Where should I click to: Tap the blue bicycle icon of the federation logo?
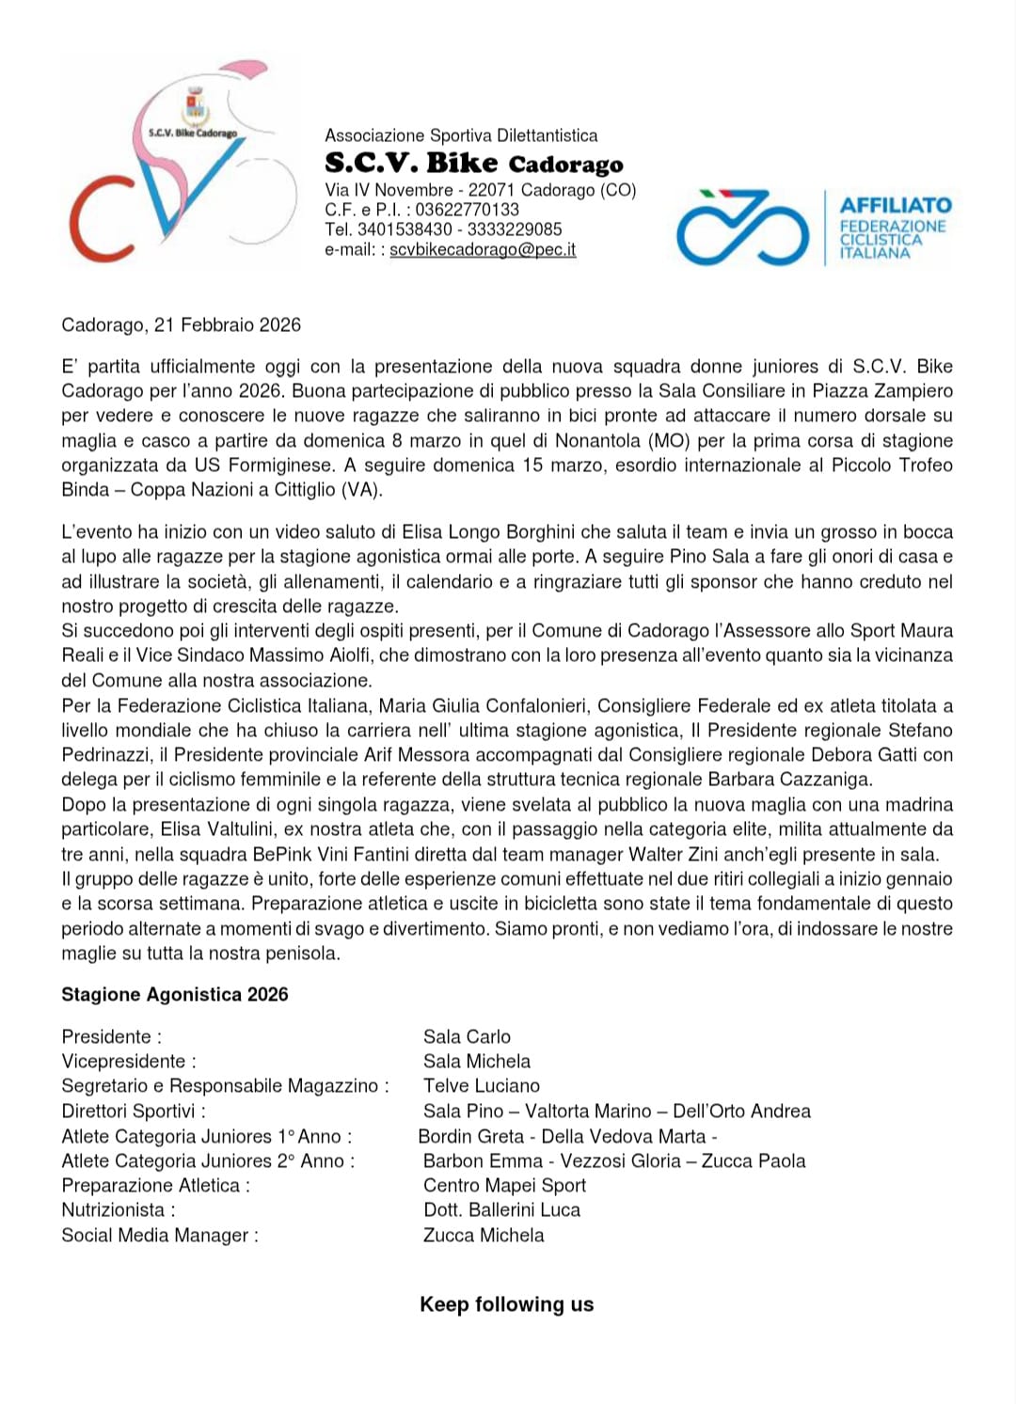pyautogui.click(x=742, y=229)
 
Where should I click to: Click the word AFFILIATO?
pyautogui.click(x=895, y=205)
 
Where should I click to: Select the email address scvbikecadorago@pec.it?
pyautogui.click(x=483, y=250)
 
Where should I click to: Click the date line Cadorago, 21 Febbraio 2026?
pyautogui.click(x=181, y=325)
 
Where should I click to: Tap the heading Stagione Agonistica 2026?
pyautogui.click(x=175, y=995)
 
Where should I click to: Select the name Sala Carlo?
pyautogui.click(x=467, y=1037)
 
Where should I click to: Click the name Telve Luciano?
pyautogui.click(x=482, y=1086)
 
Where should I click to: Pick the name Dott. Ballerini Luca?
pyautogui.click(x=501, y=1210)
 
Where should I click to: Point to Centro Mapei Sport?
pyautogui.click(x=504, y=1186)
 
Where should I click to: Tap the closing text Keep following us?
pyautogui.click(x=506, y=1304)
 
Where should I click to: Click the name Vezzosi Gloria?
pyautogui.click(x=620, y=1161)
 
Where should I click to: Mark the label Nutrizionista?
pyautogui.click(x=118, y=1210)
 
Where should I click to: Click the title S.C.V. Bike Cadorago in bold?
pyautogui.click(x=473, y=164)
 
